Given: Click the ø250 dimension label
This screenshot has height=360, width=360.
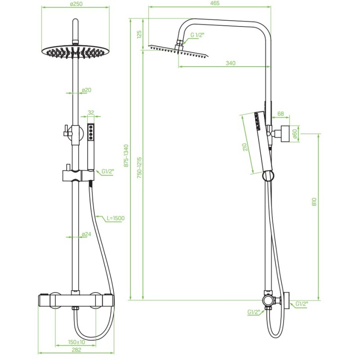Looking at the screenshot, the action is (x=76, y=4).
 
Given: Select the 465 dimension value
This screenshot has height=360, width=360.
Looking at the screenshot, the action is (x=215, y=3).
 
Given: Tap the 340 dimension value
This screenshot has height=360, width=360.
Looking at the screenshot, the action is (x=230, y=63).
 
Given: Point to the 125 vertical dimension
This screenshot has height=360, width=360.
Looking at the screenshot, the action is (x=139, y=34).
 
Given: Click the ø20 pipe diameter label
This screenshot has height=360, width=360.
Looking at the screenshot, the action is (x=86, y=90).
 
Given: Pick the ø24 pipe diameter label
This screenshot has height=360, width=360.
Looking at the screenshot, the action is (x=86, y=234).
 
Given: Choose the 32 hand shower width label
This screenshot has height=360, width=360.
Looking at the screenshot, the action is (x=91, y=112).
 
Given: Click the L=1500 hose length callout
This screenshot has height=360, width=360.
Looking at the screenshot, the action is (x=116, y=218).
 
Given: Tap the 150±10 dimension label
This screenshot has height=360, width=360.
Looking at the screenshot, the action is (x=76, y=342).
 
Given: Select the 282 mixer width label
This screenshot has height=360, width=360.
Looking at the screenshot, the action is (x=76, y=350).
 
